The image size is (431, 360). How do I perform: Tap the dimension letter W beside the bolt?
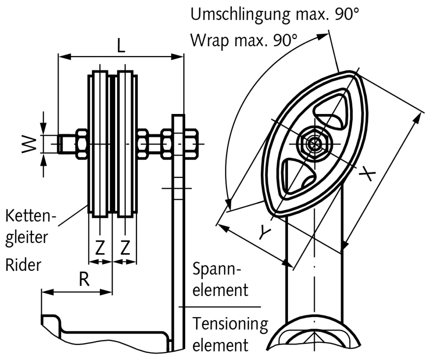pyautogui.click(x=29, y=144)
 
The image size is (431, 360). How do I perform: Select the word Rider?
pyautogui.click(x=24, y=265)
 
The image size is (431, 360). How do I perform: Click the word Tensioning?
pyautogui.click(x=230, y=324)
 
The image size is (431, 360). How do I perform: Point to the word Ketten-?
pyautogui.click(x=30, y=217)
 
